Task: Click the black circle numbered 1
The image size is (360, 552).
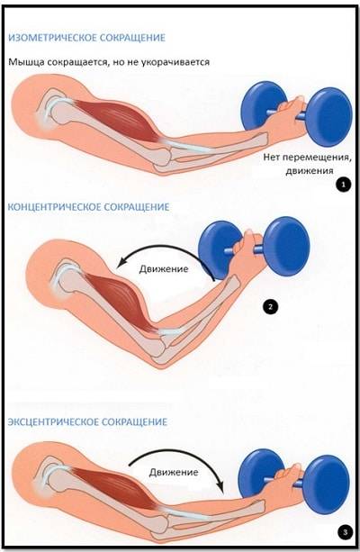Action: click(x=343, y=184)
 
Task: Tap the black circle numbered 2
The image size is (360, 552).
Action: click(x=270, y=307)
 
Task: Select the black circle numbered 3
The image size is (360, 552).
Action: click(x=345, y=531)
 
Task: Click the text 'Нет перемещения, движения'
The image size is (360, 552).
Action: click(x=307, y=164)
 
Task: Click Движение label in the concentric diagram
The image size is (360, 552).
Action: click(x=164, y=269)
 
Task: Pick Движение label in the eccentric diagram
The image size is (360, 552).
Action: click(x=174, y=472)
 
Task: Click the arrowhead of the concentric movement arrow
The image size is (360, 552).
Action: click(x=121, y=263)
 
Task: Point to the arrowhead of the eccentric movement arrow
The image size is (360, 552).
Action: click(x=220, y=486)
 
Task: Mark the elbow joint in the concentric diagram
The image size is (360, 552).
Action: click(x=161, y=347)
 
